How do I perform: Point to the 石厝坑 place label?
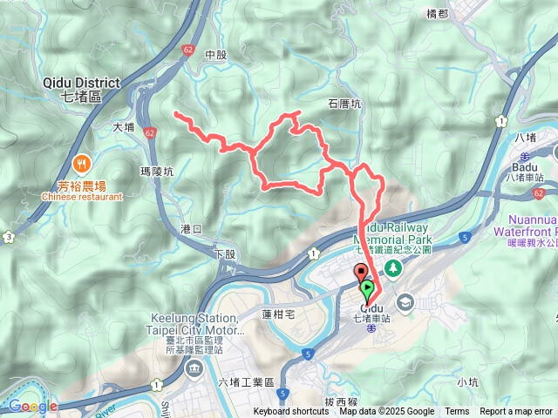(x=344, y=103)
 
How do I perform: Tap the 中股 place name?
(x=215, y=55)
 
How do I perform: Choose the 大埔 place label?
(x=124, y=127)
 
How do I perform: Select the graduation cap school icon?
(x=405, y=302)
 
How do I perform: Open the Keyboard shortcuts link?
(x=291, y=412)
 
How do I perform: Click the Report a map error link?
(x=516, y=412)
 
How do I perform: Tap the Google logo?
(x=32, y=406)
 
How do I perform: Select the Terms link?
(x=457, y=412)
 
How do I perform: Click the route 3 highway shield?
(x=8, y=236)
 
